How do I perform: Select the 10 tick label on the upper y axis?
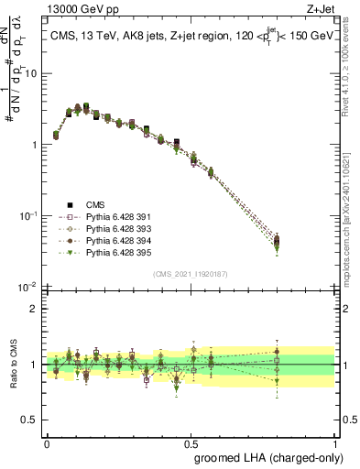point(32,73)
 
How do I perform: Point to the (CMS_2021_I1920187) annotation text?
point(190,273)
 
